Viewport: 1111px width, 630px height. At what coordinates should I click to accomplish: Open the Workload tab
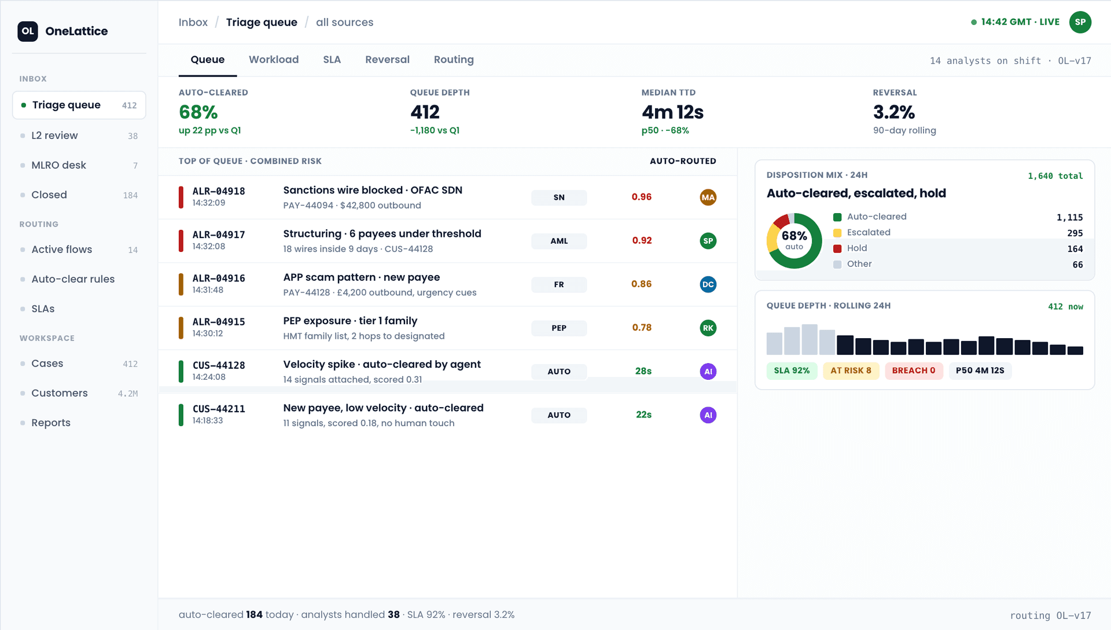[x=274, y=60]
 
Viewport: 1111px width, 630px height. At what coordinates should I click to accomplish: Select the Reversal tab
[x=387, y=60]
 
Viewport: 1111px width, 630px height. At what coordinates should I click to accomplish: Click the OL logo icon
[x=28, y=31]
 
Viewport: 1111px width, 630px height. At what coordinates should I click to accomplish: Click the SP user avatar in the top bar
[x=1080, y=22]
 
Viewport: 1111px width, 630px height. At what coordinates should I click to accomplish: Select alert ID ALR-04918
[x=219, y=191]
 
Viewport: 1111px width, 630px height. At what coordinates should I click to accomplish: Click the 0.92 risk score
[x=642, y=240]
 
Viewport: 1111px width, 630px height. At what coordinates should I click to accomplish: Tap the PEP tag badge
[x=559, y=328]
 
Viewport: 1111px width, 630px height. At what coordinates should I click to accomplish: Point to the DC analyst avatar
[x=708, y=284]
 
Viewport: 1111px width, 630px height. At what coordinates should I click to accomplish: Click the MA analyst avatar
[x=708, y=197]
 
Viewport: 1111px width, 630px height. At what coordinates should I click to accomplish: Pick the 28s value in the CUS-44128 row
[x=643, y=371]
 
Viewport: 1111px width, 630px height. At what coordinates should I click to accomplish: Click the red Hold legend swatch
[x=837, y=248]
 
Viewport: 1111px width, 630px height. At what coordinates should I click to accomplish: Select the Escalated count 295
[x=1075, y=233]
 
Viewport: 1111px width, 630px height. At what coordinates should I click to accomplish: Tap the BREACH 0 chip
[x=914, y=371]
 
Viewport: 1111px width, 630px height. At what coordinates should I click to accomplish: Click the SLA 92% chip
[x=792, y=371]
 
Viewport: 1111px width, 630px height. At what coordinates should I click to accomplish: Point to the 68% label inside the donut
[x=794, y=236]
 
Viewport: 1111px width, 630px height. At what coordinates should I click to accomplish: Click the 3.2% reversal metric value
[x=894, y=112]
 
